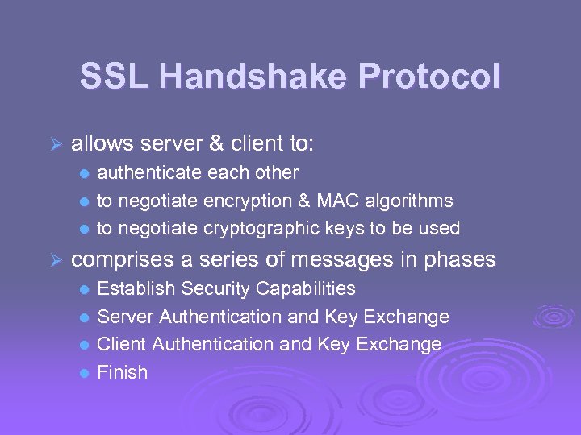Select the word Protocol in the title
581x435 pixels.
(429, 77)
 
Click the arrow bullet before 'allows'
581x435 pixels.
(55, 144)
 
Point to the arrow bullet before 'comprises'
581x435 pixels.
(55, 259)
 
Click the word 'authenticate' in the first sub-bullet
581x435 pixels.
(149, 172)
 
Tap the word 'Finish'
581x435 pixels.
(122, 372)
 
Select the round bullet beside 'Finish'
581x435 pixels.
(84, 373)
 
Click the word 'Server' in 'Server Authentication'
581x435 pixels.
(121, 317)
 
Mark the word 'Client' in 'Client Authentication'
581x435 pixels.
(121, 344)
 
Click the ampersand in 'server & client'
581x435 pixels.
(215, 144)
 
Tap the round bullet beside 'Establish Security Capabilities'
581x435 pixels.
(84, 289)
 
